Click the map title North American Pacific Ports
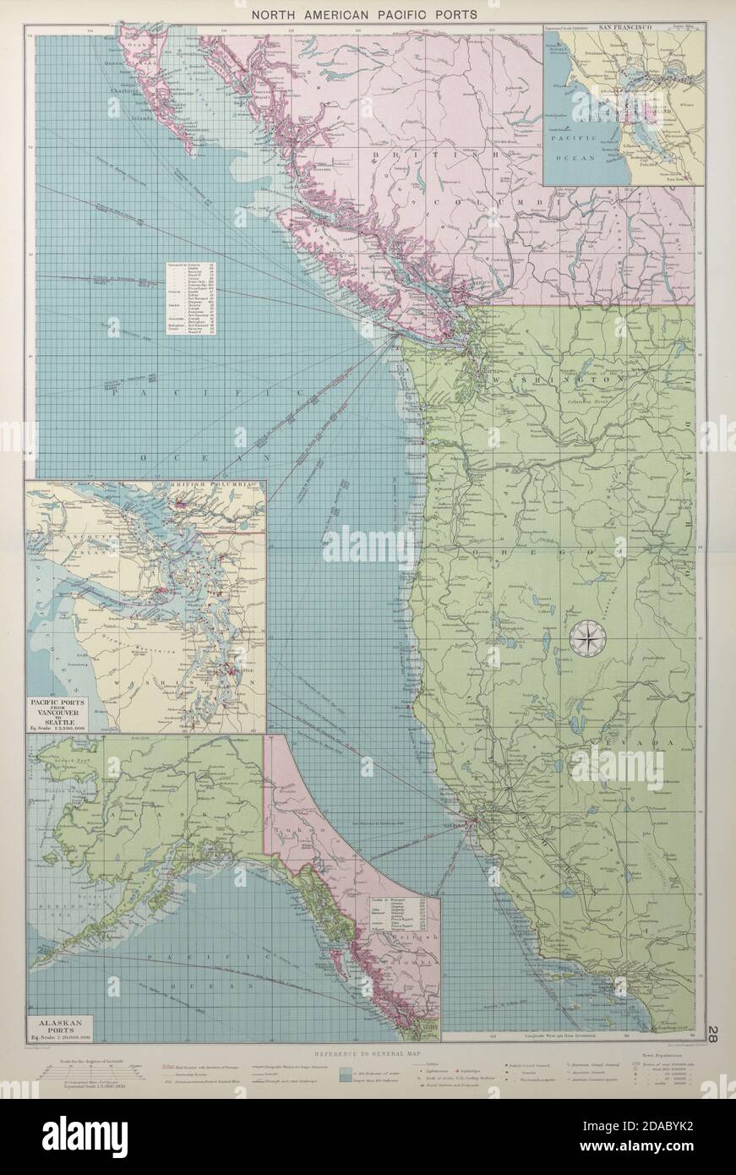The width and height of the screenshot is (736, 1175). click(x=368, y=14)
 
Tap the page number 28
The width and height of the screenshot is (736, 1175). click(x=714, y=1033)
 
